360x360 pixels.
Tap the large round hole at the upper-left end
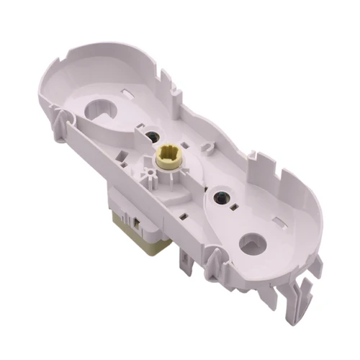click(102, 109)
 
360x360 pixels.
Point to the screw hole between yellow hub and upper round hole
click(153, 135)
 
